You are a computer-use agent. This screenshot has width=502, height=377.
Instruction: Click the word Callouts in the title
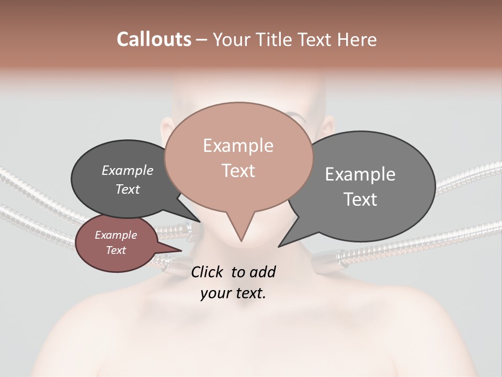[154, 39]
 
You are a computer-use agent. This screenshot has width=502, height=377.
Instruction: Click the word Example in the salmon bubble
[238, 146]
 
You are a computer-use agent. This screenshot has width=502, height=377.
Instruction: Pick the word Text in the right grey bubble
[360, 199]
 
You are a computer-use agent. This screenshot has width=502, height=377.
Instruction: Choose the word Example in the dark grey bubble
[128, 171]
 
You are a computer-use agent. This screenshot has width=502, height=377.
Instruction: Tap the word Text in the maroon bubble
[116, 250]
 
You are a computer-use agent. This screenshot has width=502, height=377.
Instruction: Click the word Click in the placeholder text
[207, 272]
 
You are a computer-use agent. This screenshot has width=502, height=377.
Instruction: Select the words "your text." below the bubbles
[233, 293]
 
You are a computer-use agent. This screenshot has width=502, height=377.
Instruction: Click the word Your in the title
[230, 39]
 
